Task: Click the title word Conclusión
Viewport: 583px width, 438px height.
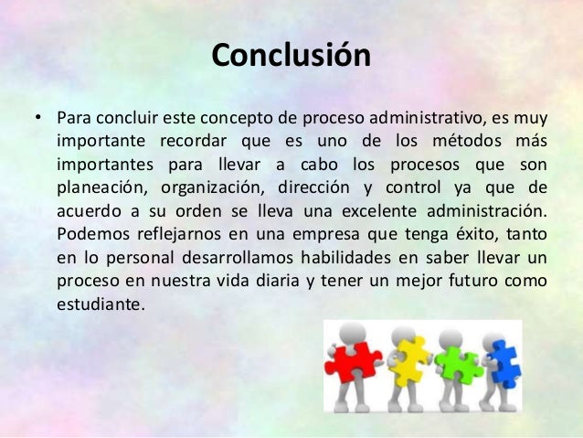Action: point(291,56)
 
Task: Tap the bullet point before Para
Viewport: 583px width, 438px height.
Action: point(38,119)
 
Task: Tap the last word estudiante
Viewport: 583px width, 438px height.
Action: point(100,303)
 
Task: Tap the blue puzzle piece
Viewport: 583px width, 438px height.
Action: point(501,364)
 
